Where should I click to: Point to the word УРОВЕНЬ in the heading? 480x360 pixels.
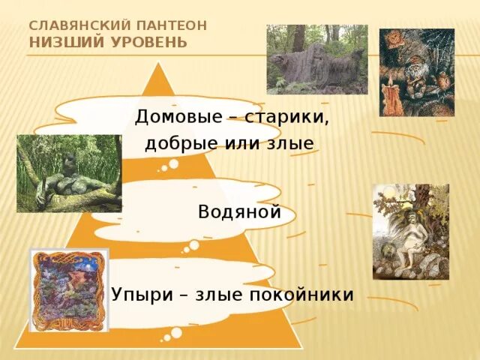coord(145,40)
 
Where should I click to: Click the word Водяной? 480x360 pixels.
coord(239,211)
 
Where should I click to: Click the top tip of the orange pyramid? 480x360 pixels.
coord(158,64)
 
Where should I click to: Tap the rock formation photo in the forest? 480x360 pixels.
coord(317,59)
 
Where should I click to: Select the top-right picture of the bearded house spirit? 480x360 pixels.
coord(416,72)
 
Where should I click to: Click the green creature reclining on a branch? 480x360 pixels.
coord(69,173)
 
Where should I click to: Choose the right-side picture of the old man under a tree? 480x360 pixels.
coord(410,231)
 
